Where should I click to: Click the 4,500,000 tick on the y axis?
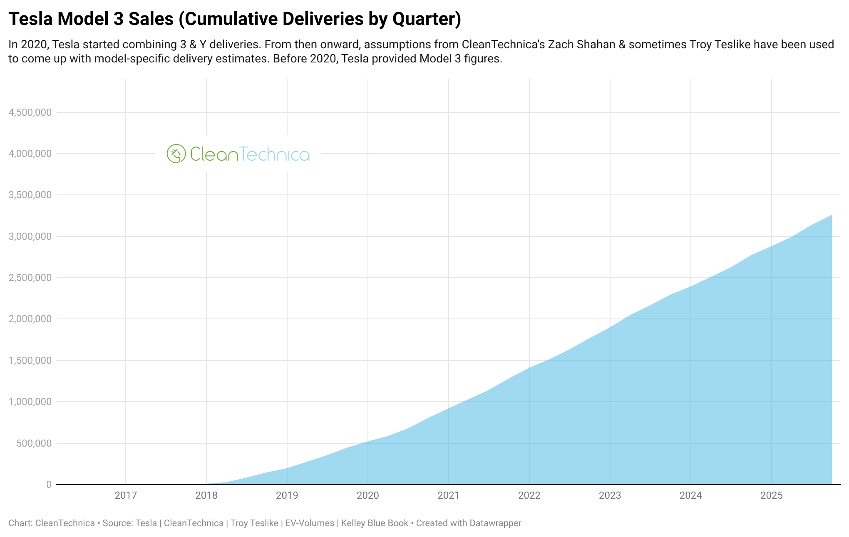click(30, 112)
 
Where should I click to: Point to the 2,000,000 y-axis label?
click(30, 319)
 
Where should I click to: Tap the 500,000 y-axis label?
click(34, 443)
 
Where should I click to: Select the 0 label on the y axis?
click(49, 485)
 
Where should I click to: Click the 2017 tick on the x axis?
click(126, 495)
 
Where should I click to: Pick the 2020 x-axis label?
click(368, 495)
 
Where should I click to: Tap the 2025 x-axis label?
click(772, 495)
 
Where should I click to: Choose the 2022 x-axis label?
click(529, 495)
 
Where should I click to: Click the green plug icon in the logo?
click(176, 154)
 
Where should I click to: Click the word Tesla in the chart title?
click(30, 19)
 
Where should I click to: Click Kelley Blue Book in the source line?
click(375, 523)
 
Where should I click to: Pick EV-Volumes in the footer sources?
click(310, 523)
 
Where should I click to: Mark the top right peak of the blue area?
click(831, 216)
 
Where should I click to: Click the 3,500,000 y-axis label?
click(30, 195)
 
